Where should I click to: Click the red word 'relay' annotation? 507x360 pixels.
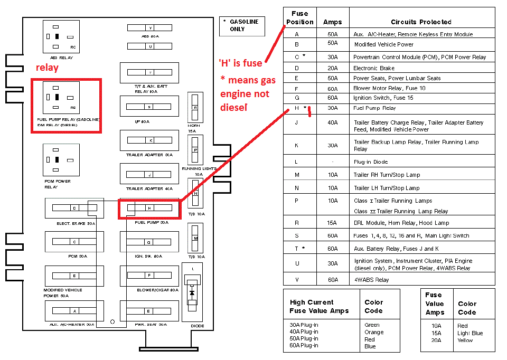pos(47,68)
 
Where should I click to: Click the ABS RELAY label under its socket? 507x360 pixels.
pos(61,58)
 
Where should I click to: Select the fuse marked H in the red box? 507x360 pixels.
pos(149,209)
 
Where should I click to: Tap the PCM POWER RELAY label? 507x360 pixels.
pos(58,184)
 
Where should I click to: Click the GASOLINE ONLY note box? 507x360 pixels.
pos(242,25)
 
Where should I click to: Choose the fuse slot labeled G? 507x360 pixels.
pos(149,242)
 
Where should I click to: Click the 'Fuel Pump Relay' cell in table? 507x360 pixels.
pos(374,108)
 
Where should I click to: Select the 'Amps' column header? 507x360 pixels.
pos(332,22)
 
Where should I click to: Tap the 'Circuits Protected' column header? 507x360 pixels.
pos(421,22)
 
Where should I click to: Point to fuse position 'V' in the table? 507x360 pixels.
pos(297,280)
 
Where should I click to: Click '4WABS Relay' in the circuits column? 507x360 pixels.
pos(371,280)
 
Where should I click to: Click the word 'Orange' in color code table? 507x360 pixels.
pos(374,332)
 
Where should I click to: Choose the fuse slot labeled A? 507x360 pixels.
pos(74,311)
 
